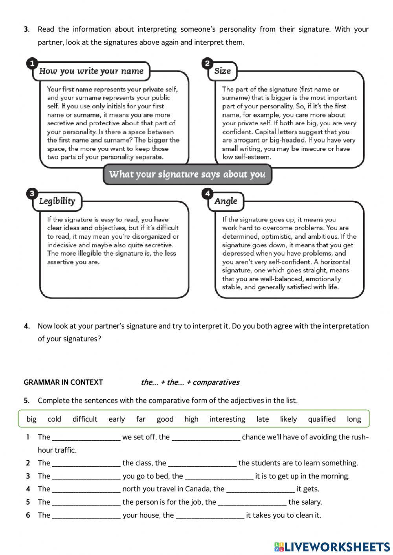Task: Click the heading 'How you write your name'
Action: point(91,71)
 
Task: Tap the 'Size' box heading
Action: point(222,71)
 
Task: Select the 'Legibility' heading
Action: point(57,201)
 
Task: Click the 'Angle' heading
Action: point(226,201)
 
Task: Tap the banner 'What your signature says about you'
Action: point(187,174)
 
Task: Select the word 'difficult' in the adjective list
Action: point(84,419)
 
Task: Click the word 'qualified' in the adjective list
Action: point(321,419)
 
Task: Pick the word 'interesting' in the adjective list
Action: point(227,419)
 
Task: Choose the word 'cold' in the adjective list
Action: point(54,419)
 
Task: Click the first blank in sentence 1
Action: point(86,438)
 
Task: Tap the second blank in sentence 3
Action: point(219,476)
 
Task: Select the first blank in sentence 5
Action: point(86,502)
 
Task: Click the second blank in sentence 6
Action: point(210,515)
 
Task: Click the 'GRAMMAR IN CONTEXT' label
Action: point(63,382)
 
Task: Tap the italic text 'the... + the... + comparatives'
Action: point(190,382)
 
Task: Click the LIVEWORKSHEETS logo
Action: point(332,547)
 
